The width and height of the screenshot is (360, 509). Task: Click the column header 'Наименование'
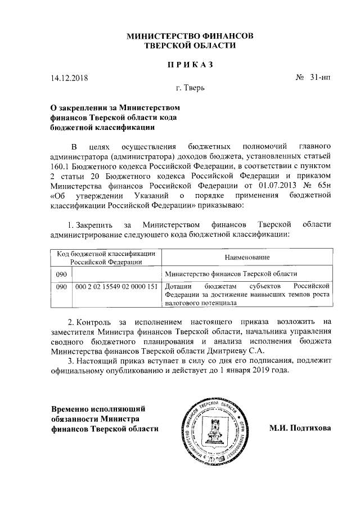pyautogui.click(x=244, y=257)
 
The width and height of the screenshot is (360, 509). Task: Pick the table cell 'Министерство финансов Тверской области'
pyautogui.click(x=231, y=273)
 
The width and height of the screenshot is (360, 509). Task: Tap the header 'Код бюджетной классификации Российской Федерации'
pyautogui.click(x=105, y=257)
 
